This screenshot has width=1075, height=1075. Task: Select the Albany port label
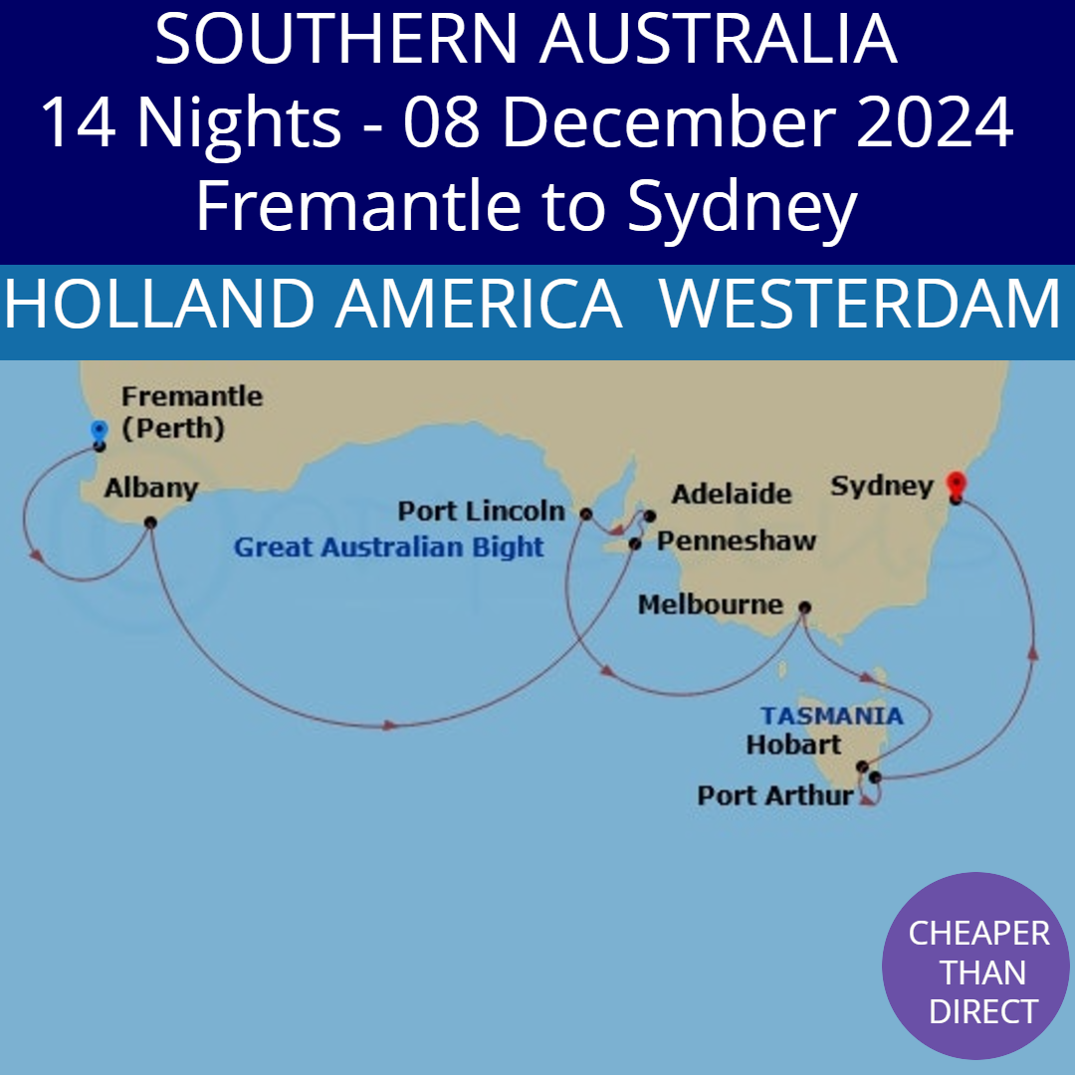click(x=151, y=489)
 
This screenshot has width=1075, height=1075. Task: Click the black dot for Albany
click(x=150, y=522)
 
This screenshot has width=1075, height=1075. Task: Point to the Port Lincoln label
click(x=481, y=512)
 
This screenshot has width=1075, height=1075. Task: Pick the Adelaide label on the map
click(x=732, y=494)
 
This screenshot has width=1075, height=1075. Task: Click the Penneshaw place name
click(x=737, y=541)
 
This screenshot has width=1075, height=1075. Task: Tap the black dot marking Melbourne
click(x=804, y=606)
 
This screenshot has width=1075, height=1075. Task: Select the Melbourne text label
click(x=710, y=604)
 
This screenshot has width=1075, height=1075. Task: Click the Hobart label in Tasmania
click(x=793, y=744)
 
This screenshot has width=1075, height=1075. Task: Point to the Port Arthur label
click(x=775, y=795)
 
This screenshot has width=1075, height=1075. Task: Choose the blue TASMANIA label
click(x=832, y=716)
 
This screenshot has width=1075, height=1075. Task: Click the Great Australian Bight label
click(x=389, y=546)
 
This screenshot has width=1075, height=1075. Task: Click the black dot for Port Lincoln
click(x=585, y=514)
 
